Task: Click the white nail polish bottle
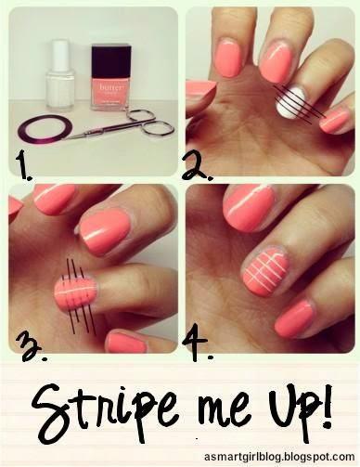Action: pos(61,76)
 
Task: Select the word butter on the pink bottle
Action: pos(110,87)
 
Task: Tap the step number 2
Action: pos(197,166)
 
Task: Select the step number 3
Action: pos(32,347)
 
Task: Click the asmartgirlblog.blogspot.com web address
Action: pos(279,457)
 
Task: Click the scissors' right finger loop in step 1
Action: pos(159,128)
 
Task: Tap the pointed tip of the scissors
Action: pos(63,138)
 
